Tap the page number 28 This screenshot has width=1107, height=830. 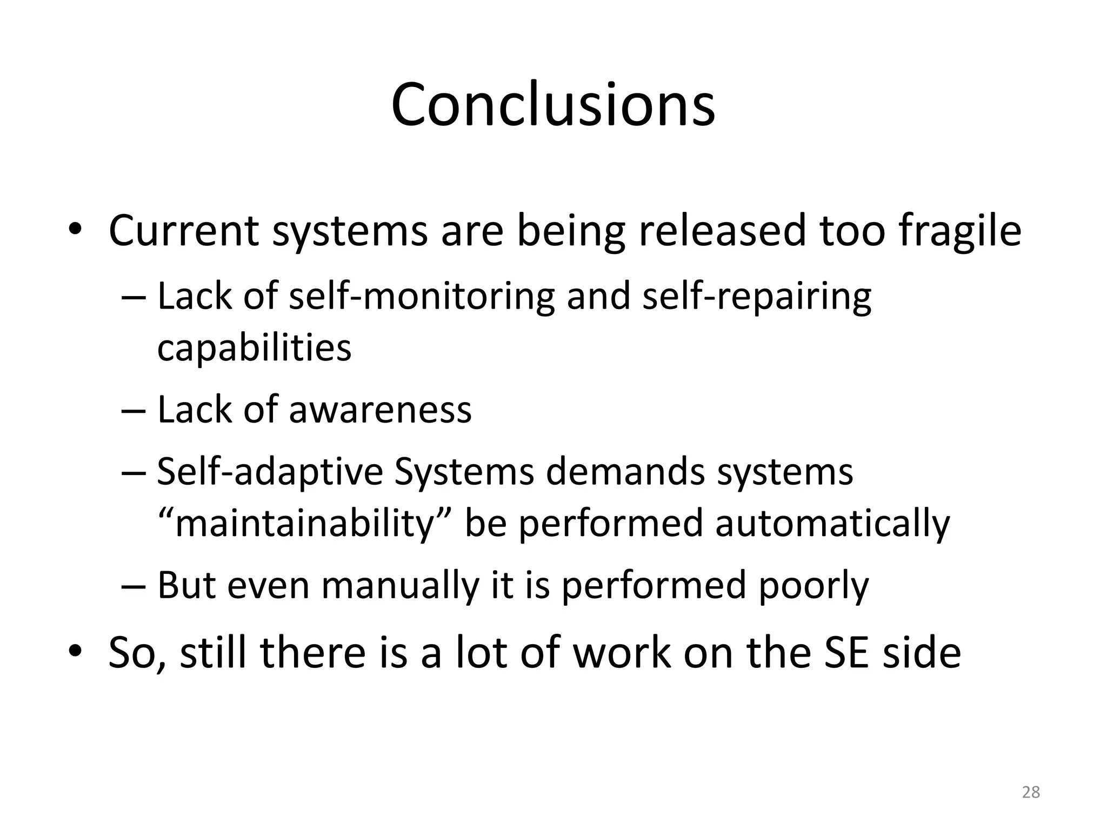point(1031,792)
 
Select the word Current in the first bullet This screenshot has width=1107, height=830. point(184,231)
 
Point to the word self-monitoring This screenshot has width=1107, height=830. point(422,297)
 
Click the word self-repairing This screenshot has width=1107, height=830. point(757,297)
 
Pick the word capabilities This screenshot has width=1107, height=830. point(254,347)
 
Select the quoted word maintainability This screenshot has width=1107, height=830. point(305,523)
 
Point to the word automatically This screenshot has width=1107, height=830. point(832,523)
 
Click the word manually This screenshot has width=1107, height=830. point(400,586)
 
